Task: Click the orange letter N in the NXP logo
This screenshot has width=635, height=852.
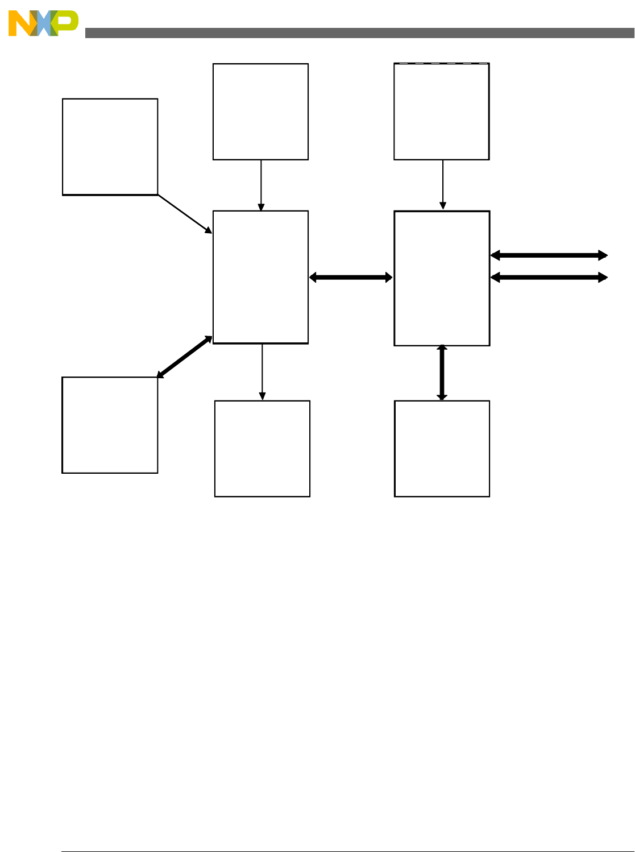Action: [20, 24]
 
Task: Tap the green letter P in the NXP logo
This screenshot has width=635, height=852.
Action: [67, 23]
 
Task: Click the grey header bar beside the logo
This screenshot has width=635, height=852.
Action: [358, 33]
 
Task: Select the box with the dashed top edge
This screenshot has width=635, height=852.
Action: [442, 111]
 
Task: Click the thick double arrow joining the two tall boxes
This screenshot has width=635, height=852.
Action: [351, 278]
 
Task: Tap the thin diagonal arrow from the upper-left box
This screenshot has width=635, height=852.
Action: [184, 213]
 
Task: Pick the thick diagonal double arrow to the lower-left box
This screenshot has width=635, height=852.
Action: [185, 357]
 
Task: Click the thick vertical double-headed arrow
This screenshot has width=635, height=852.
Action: [442, 373]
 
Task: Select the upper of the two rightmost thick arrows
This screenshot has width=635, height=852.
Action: [549, 255]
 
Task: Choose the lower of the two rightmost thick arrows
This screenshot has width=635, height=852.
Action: [549, 278]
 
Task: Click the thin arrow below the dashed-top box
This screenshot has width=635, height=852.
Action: [443, 185]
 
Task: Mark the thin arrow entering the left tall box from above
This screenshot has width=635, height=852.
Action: [261, 185]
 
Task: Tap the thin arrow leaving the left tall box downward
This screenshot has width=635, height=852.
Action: [262, 372]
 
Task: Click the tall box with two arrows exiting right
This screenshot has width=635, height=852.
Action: [442, 278]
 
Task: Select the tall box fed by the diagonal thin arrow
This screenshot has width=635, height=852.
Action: [260, 277]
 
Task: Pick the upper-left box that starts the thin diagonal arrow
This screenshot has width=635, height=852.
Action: [110, 147]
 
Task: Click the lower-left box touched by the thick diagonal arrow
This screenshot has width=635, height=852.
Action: [110, 425]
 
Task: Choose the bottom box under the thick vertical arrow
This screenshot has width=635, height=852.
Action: [442, 449]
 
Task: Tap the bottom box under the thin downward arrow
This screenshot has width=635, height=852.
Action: [262, 449]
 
